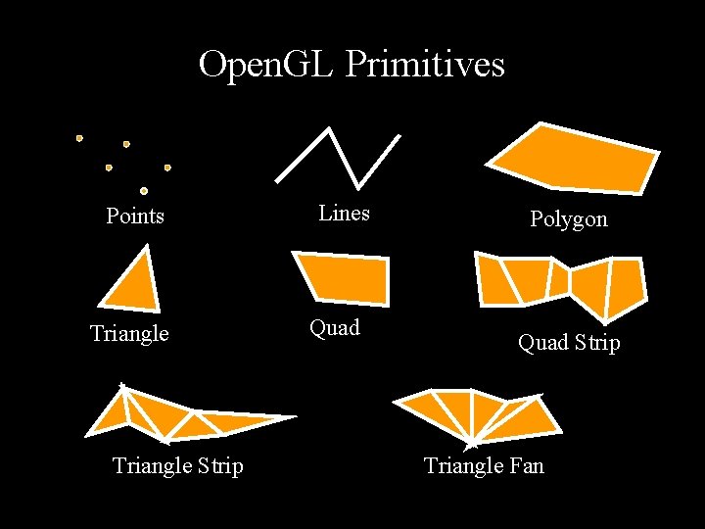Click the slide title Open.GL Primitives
coord(352,65)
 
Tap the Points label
coord(135,216)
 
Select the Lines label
coord(344,213)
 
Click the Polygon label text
coord(569,218)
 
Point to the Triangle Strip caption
coord(178,465)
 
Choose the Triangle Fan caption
coord(484,465)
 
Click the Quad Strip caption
coord(569,343)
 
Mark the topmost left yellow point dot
coord(79,138)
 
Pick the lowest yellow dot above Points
coord(144,191)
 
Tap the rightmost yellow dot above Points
coord(167,168)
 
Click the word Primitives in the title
coord(425,65)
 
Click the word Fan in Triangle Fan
coord(525,465)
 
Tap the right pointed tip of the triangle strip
coord(293,417)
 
